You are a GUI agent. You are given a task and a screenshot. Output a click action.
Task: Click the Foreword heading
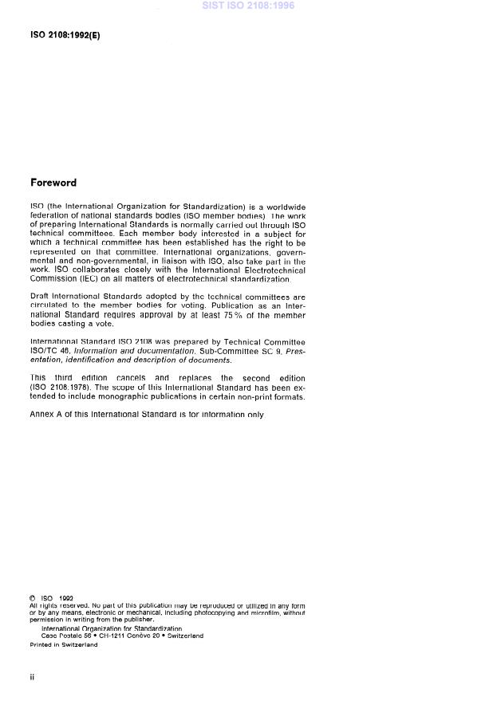click(x=53, y=183)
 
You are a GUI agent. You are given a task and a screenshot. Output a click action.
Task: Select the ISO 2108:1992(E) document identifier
click(x=65, y=36)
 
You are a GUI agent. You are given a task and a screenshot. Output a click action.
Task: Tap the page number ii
click(x=33, y=676)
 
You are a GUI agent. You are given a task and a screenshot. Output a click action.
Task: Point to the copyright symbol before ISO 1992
click(x=33, y=598)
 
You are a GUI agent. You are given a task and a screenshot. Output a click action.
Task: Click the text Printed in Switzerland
click(x=64, y=644)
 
